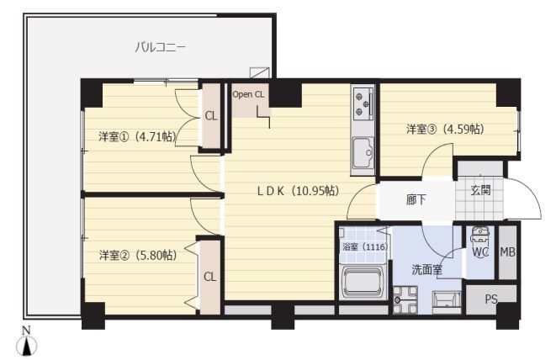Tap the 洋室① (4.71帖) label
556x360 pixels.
click(x=135, y=136)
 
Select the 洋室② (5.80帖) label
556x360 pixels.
click(x=135, y=255)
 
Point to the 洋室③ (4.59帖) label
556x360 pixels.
click(x=444, y=129)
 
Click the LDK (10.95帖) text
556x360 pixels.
click(x=297, y=191)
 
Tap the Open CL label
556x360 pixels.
click(x=249, y=94)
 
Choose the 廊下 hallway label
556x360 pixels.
click(x=416, y=201)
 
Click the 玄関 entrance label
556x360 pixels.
click(x=480, y=190)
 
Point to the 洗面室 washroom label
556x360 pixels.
click(x=426, y=270)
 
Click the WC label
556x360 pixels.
click(x=480, y=251)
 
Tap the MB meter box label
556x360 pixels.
click(x=507, y=251)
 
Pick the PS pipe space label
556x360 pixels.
click(x=491, y=299)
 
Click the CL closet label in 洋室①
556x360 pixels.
click(x=210, y=116)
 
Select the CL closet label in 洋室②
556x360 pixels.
click(x=209, y=276)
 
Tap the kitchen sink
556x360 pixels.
click(x=364, y=152)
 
